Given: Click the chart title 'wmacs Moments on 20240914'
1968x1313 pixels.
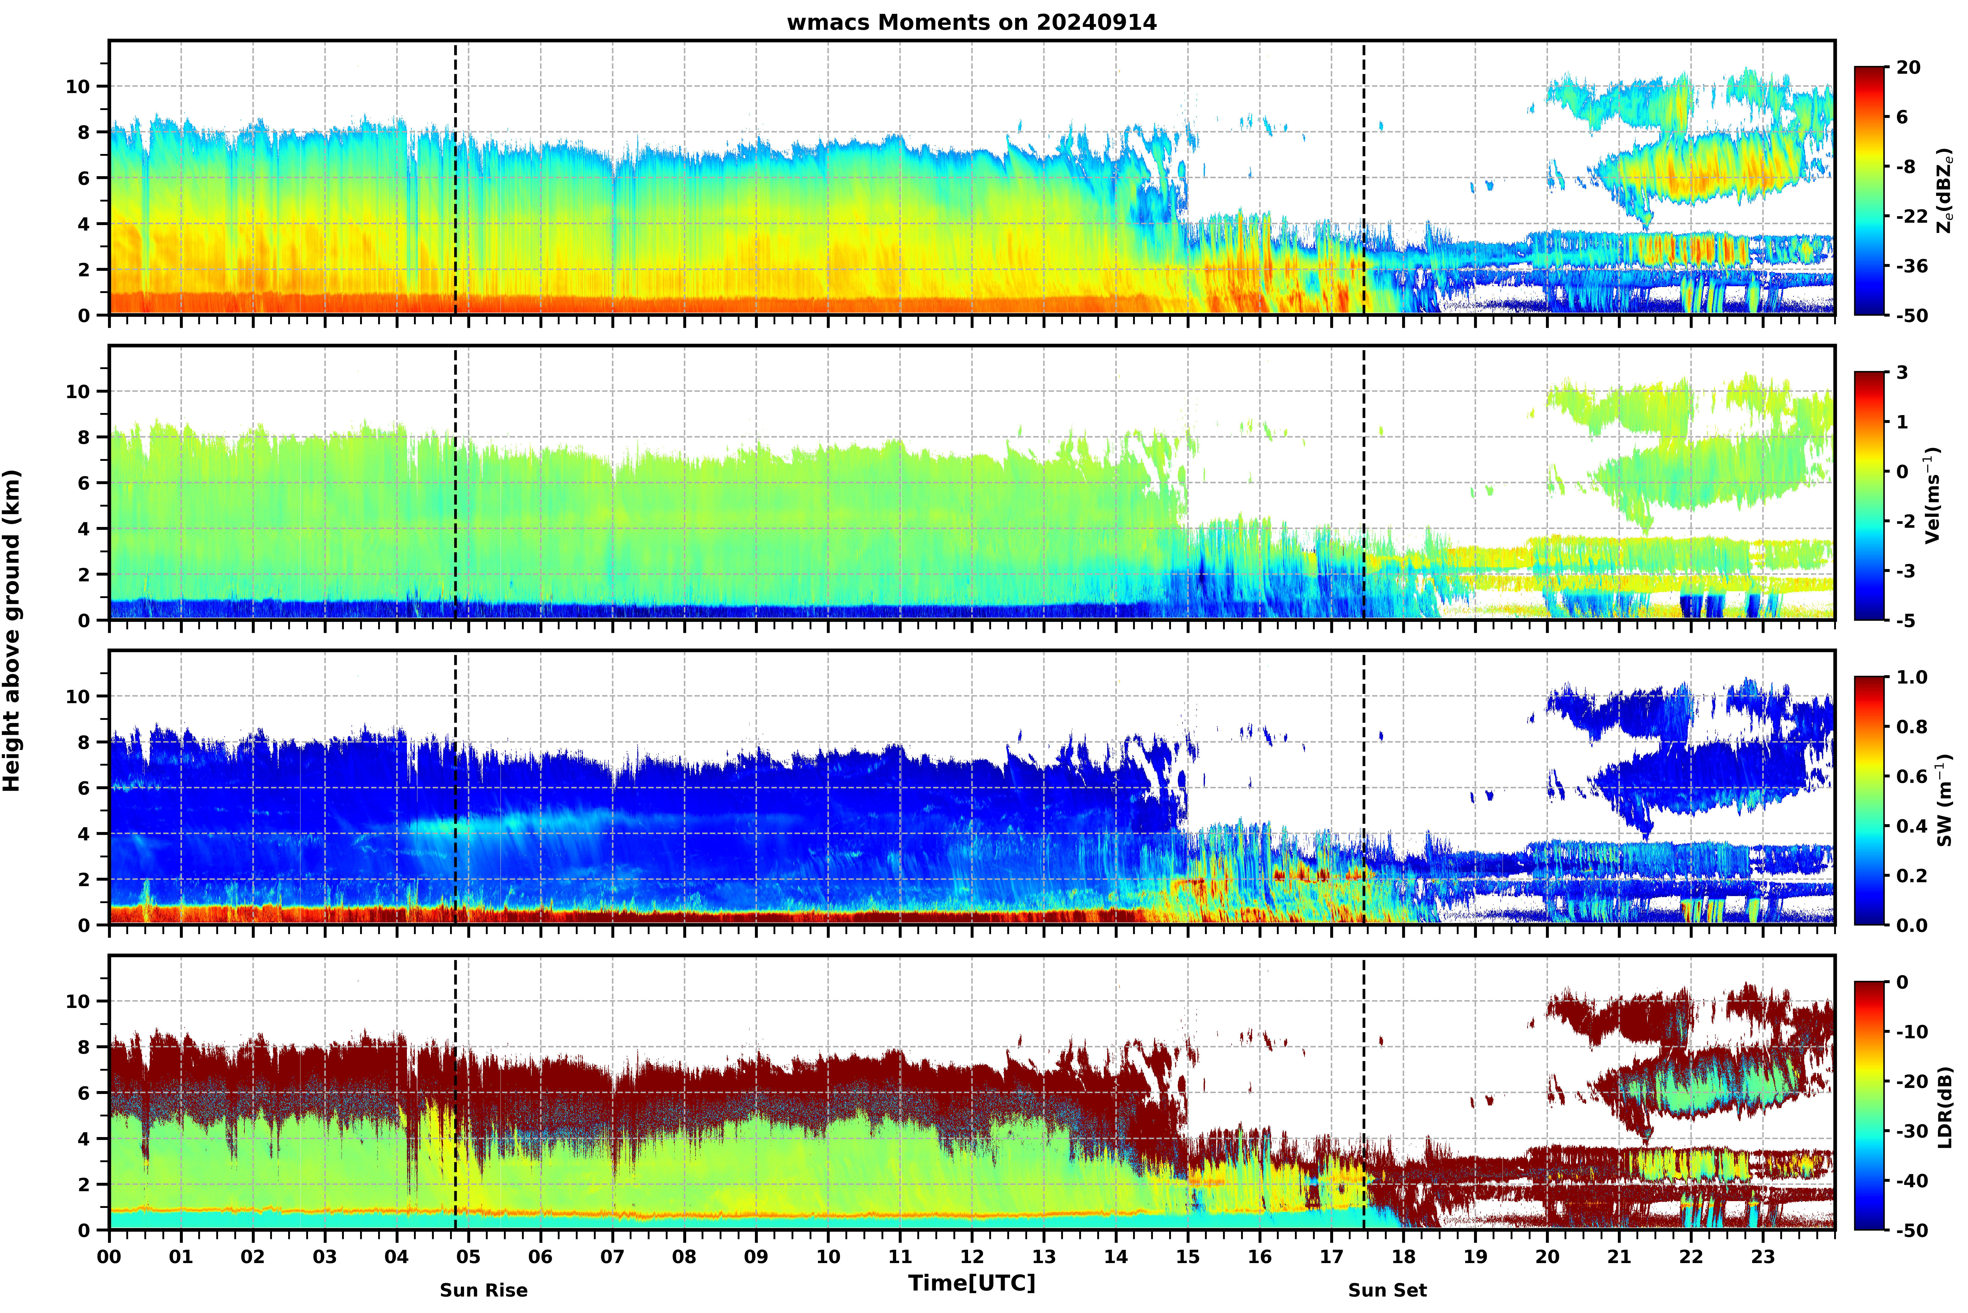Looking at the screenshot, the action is pyautogui.click(x=971, y=22).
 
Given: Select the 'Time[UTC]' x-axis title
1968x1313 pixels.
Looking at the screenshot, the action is pyautogui.click(x=971, y=1283).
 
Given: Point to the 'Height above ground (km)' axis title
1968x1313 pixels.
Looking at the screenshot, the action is pyautogui.click(x=12, y=630).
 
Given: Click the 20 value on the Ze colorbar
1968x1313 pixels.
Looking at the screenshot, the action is pyautogui.click(x=1909, y=67).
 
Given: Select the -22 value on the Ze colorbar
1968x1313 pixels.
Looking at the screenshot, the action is pyautogui.click(x=1912, y=216).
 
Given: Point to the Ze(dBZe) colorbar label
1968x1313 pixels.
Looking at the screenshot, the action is pyautogui.click(x=1946, y=191).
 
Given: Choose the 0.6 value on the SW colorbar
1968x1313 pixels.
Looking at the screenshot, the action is pyautogui.click(x=1912, y=776).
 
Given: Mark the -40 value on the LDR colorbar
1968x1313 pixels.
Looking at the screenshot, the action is pyautogui.click(x=1912, y=1181).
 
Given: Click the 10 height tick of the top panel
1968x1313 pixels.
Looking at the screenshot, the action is pyautogui.click(x=78, y=86).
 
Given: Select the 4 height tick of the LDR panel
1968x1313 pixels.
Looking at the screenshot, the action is pyautogui.click(x=84, y=1139).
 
